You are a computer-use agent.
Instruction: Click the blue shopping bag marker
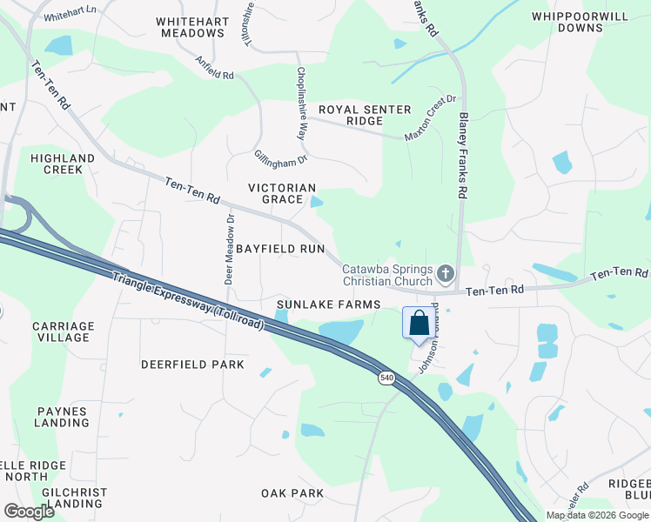[x=419, y=324]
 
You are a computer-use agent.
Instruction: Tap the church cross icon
[x=445, y=275]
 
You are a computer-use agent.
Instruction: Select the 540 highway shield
[x=386, y=378]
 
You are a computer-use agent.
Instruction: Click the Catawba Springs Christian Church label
[x=387, y=275]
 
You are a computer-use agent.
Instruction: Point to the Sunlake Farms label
[x=329, y=304]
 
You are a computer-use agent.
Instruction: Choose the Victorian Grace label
[x=282, y=193]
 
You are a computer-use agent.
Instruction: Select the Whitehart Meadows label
[x=192, y=27]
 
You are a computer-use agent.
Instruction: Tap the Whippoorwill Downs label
[x=567, y=22]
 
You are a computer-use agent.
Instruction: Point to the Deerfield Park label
[x=192, y=365]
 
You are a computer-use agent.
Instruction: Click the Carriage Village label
[x=62, y=331]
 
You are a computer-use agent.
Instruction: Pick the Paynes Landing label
[x=62, y=417]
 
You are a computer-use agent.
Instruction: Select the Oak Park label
[x=292, y=493]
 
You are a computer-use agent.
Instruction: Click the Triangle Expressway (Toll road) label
[x=189, y=297]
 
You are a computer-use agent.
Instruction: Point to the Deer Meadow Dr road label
[x=229, y=251]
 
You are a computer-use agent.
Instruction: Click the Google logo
[x=30, y=512]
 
